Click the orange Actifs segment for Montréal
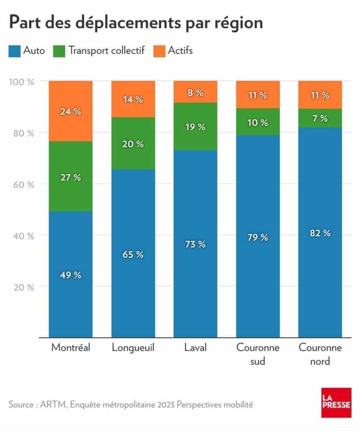point(70,111)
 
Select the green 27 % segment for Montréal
point(70,176)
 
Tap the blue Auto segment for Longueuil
point(133,253)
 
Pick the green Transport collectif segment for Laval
point(195,127)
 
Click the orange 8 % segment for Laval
point(195,92)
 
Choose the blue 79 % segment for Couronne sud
point(258,237)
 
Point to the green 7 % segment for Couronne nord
point(320,118)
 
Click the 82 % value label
point(320,233)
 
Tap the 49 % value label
point(70,275)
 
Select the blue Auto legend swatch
point(14,51)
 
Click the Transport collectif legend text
point(107,51)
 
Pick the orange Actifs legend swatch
point(159,51)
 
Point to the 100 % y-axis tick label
point(22,82)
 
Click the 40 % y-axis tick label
point(24,236)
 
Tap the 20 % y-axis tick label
point(24,287)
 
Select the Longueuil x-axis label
point(133,348)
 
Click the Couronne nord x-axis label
point(320,354)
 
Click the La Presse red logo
point(336,403)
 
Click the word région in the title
point(238,23)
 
